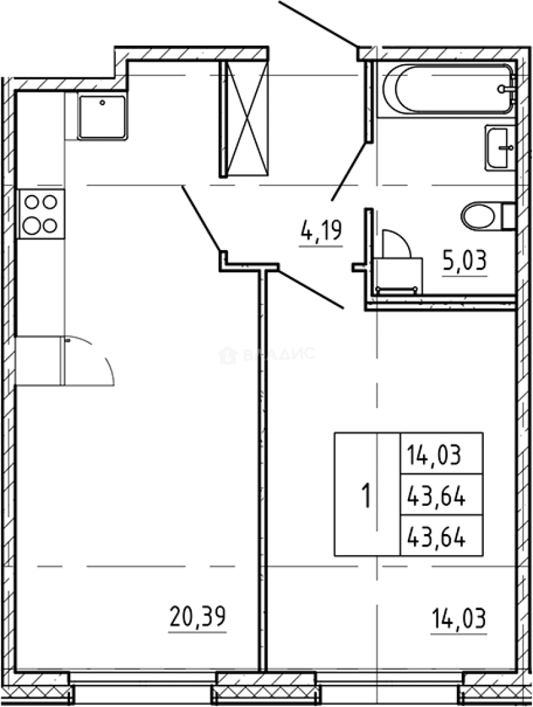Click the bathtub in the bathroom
(x=449, y=89)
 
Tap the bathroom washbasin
(x=500, y=147)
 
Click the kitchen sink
(x=102, y=117)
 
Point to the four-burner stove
(x=41, y=213)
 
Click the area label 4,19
(x=322, y=231)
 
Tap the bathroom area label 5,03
(x=465, y=261)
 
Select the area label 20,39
(x=198, y=617)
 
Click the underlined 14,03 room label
(x=458, y=618)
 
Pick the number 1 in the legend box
(x=367, y=495)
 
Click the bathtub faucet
(x=506, y=89)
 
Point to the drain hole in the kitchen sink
(x=102, y=103)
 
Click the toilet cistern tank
(x=509, y=217)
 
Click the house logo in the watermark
(x=227, y=355)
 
